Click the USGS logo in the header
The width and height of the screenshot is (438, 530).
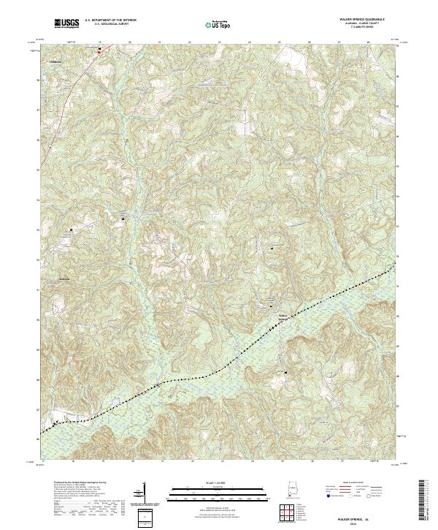click(x=65, y=23)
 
